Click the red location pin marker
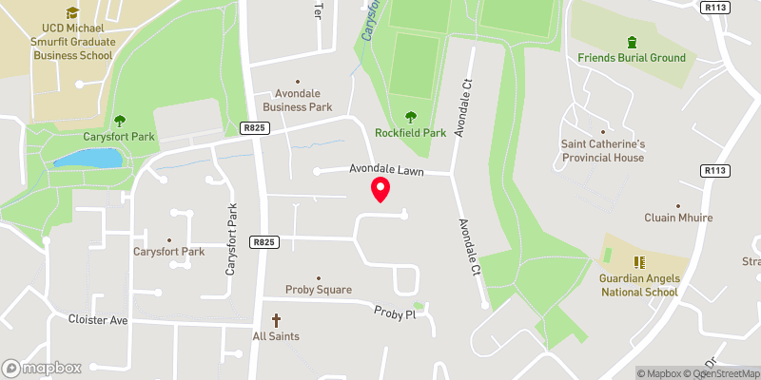coord(380,189)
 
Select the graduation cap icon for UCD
coord(72,13)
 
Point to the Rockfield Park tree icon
coord(410,117)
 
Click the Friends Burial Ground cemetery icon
coord(632,42)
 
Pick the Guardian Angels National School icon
coord(639,261)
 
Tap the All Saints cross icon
coord(277,320)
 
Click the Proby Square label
coord(319,290)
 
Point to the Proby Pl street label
coord(396,312)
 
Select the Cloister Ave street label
coord(99,320)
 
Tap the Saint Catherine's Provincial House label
coord(602,150)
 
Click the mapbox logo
coord(42,368)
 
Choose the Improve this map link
coord(731,373)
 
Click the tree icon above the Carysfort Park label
coord(120,121)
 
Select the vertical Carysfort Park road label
coord(230,238)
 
